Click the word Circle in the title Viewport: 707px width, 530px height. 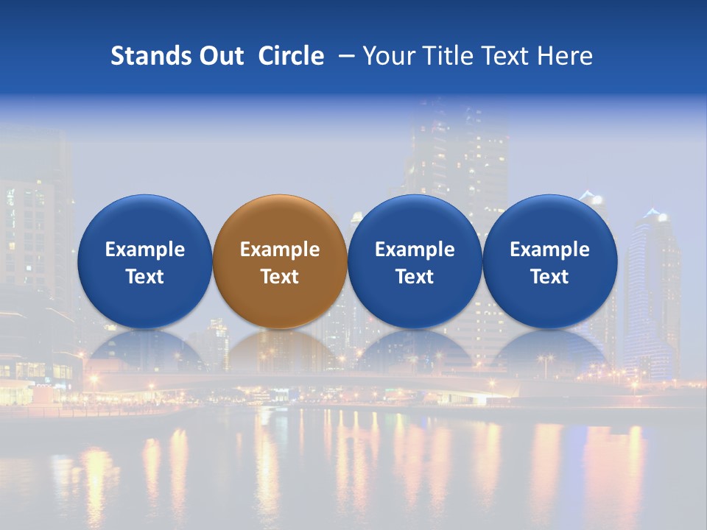tap(291, 56)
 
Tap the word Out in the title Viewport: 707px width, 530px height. tap(220, 56)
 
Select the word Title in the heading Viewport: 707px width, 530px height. tap(450, 56)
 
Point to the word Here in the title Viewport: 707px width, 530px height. tap(565, 56)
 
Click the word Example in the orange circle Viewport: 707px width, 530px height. tap(280, 250)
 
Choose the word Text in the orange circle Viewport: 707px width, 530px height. tap(280, 277)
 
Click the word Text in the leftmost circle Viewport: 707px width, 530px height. tap(144, 277)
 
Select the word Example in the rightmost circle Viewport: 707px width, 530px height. tap(549, 250)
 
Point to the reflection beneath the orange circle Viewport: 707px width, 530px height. tap(280, 350)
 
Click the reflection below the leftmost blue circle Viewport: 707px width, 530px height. tap(144, 350)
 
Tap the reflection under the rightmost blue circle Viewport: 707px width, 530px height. tap(549, 350)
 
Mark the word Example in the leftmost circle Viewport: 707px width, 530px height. tap(144, 250)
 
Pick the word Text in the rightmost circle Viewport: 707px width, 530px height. tap(549, 277)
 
